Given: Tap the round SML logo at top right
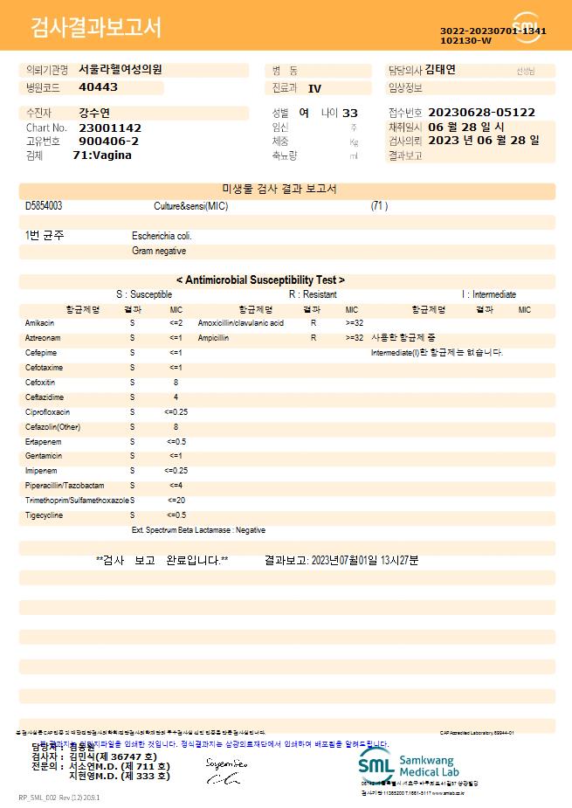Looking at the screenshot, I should click(527, 27).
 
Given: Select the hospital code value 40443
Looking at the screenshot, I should click(98, 87).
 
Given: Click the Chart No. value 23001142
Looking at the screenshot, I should click(110, 128).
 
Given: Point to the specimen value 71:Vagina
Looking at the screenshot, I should click(102, 155).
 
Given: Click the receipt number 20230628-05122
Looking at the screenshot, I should click(482, 113).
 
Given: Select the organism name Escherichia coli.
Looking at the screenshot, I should click(162, 236).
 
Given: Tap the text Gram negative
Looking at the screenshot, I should click(159, 252).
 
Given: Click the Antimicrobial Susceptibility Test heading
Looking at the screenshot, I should click(260, 280).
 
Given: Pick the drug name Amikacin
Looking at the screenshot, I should click(39, 323).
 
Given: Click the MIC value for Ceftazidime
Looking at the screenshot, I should click(176, 397).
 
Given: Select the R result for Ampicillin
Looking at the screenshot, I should click(313, 337).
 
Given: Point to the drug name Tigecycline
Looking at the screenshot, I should click(45, 515).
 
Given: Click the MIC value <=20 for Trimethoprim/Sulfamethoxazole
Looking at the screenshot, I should click(176, 501).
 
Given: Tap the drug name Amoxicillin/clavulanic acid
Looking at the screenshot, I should click(241, 323).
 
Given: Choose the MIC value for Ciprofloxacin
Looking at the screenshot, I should click(176, 412).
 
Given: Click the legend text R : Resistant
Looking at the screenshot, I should click(313, 295).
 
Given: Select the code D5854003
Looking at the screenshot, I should click(44, 206).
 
